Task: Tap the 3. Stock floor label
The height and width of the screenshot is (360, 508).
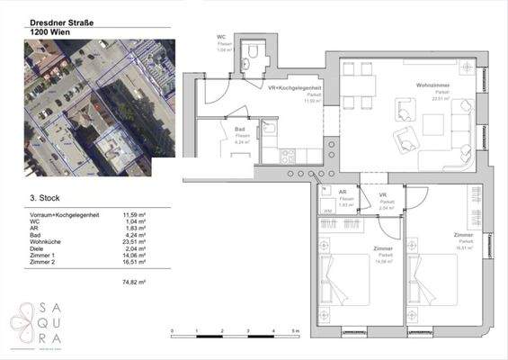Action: [44, 195]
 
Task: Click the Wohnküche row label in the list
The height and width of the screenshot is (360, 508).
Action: [49, 241]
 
